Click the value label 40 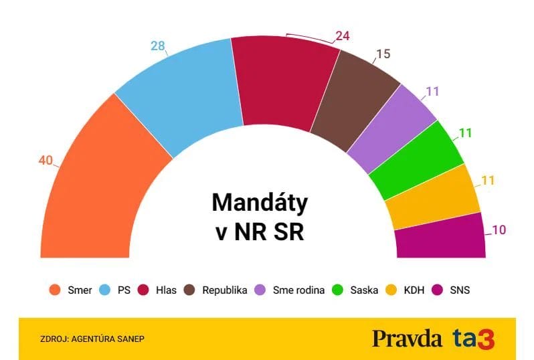click(46, 161)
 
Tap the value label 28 click(157, 46)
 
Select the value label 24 click(343, 36)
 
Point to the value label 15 click(383, 54)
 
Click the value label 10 click(499, 230)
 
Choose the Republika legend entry click(216, 290)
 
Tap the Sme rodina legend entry click(292, 290)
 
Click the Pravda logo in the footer click(407, 338)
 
